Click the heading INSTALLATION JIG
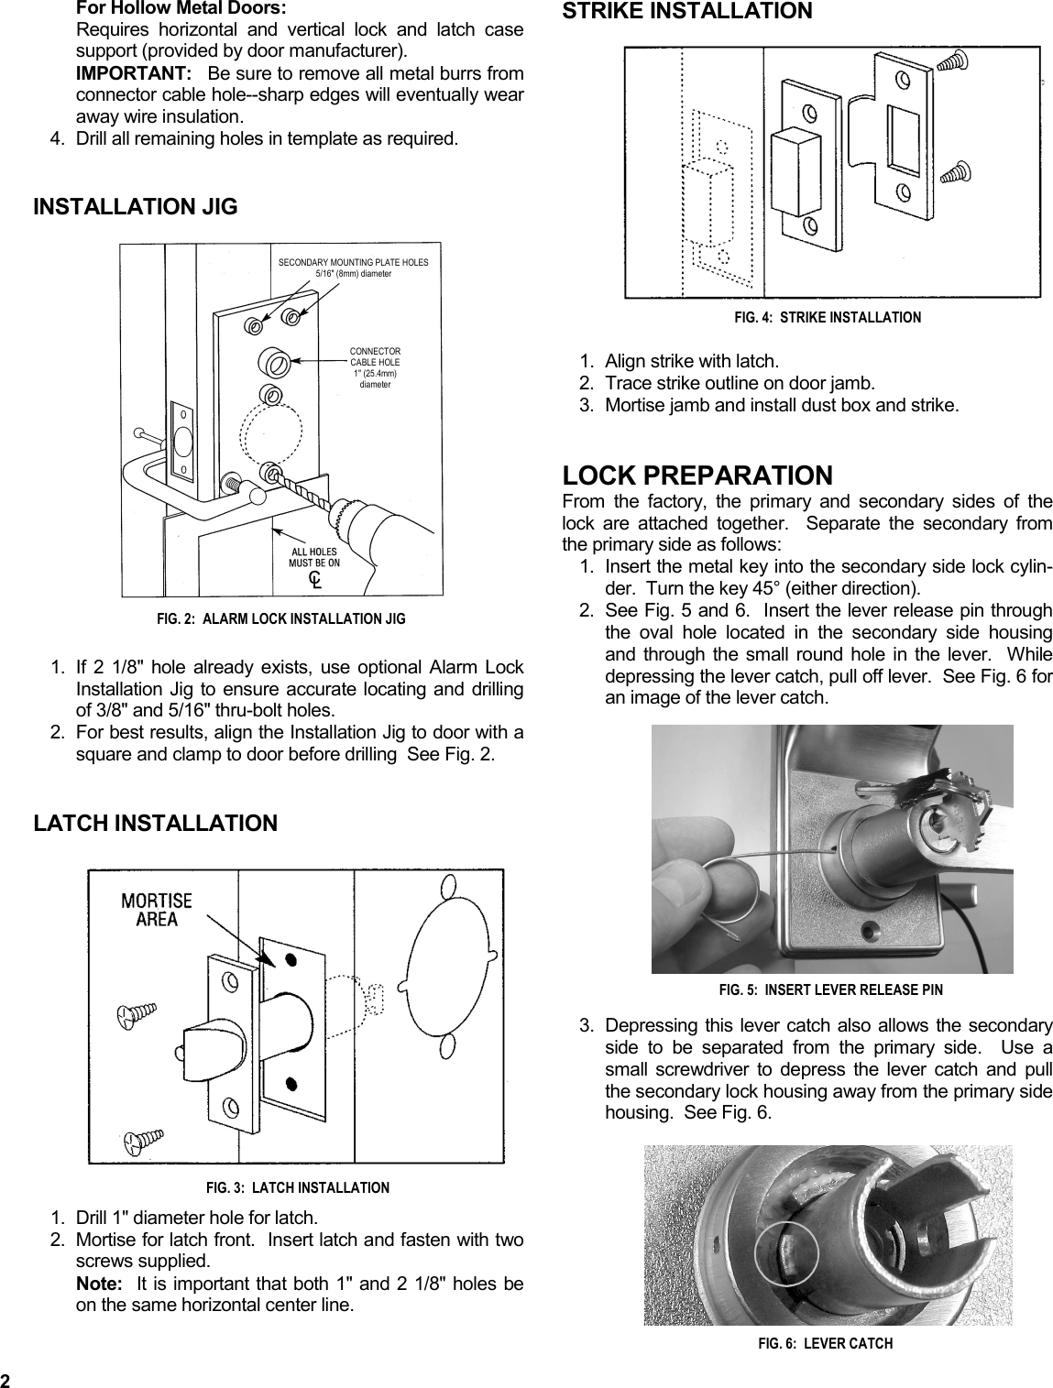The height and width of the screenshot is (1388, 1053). [x=135, y=207]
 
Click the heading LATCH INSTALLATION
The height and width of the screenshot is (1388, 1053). [x=155, y=823]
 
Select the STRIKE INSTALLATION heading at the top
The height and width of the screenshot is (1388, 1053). [x=686, y=12]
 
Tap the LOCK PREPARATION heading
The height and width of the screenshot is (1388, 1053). [x=697, y=475]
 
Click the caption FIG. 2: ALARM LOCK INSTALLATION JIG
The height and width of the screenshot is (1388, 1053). [x=280, y=619]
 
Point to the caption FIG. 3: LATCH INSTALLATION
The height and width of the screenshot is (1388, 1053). [x=297, y=1188]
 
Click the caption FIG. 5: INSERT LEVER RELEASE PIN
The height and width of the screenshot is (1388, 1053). [x=830, y=989]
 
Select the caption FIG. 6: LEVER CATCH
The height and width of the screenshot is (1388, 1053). [x=825, y=1343]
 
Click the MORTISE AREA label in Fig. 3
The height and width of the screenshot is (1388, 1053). [x=157, y=910]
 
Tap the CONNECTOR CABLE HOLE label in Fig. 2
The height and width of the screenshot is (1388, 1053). [x=375, y=367]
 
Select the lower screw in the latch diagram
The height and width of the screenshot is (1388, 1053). [x=144, y=1142]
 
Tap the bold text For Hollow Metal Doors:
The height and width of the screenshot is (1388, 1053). [x=181, y=8]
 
